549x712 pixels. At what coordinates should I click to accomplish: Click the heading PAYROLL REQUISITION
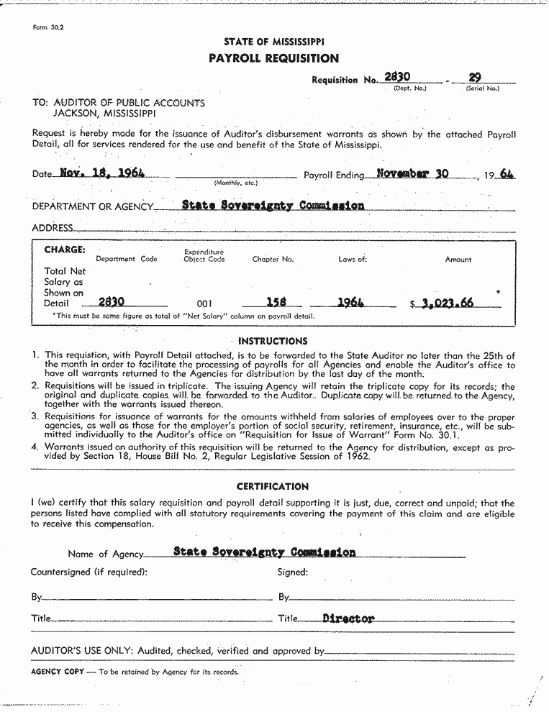[x=273, y=58]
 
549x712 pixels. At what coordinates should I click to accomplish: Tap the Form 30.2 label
[x=49, y=27]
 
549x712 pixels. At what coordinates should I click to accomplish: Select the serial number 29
[x=475, y=77]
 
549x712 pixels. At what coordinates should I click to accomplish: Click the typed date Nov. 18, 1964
[x=102, y=173]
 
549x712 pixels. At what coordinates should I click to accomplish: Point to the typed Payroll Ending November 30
[x=412, y=173]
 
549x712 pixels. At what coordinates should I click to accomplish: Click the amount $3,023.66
[x=445, y=303]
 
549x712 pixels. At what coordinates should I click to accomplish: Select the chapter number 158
[x=277, y=303]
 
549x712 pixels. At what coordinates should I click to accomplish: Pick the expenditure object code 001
[x=204, y=304]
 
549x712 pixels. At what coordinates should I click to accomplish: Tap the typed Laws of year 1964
[x=350, y=303]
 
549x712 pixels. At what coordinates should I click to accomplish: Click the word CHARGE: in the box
[x=65, y=250]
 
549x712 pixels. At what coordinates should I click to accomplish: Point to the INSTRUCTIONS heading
[x=273, y=341]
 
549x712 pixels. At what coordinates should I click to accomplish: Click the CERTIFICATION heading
[x=273, y=486]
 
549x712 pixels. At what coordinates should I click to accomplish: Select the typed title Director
[x=349, y=619]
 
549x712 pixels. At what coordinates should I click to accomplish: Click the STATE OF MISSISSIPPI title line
[x=273, y=42]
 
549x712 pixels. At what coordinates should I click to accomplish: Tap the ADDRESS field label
[x=53, y=228]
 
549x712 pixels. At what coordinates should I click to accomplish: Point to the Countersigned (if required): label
[x=89, y=572]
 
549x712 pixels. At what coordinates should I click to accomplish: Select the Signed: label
[x=293, y=572]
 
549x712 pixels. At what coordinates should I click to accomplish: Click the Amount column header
[x=458, y=260]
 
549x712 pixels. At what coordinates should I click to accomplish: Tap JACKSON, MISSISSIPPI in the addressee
[x=104, y=114]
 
